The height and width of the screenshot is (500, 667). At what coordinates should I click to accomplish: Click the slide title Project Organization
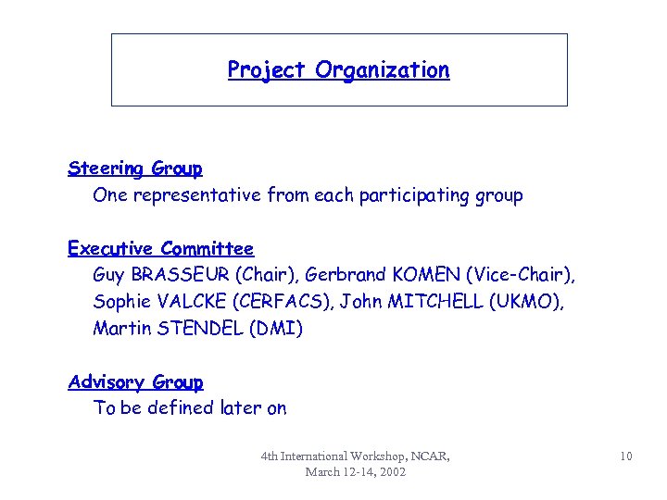pos(338,70)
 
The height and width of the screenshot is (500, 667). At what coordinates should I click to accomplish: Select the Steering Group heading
pos(135,169)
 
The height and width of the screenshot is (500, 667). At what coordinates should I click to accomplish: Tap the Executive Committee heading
pos(160,248)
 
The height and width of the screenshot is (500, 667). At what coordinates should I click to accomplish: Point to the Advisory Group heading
pos(135,381)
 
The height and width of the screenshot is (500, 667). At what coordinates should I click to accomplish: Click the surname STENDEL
pos(199,329)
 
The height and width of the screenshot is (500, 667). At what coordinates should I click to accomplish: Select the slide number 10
pos(626,456)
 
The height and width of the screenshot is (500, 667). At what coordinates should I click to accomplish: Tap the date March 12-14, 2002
pos(356,471)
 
